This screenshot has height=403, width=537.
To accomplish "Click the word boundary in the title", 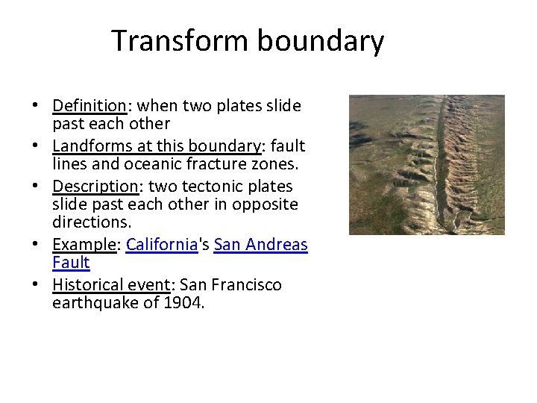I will (x=321, y=41).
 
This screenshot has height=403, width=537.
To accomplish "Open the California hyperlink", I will (x=161, y=245).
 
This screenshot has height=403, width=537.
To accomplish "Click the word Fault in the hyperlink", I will (x=71, y=263).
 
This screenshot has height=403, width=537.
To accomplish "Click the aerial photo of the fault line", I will (x=427, y=165).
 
